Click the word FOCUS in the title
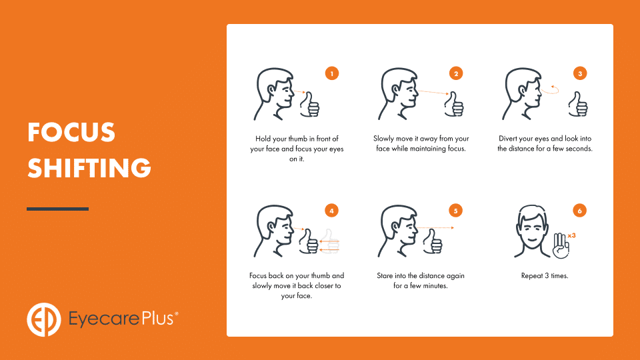click(x=71, y=132)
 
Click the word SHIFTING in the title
click(x=89, y=168)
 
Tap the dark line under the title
click(x=57, y=209)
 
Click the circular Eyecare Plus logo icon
click(x=44, y=319)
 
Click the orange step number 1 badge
click(x=332, y=73)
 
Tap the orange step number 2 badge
click(x=456, y=73)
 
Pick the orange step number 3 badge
click(x=580, y=73)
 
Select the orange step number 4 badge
click(x=331, y=211)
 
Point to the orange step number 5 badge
click(x=455, y=211)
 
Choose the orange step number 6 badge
click(x=579, y=211)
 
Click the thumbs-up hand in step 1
click(x=310, y=105)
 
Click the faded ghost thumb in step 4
click(x=329, y=241)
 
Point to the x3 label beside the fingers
click(x=571, y=235)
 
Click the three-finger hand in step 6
click(x=561, y=246)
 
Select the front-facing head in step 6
click(x=532, y=231)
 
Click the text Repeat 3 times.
click(x=545, y=276)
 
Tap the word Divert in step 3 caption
click(x=507, y=139)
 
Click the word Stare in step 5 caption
click(x=385, y=276)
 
